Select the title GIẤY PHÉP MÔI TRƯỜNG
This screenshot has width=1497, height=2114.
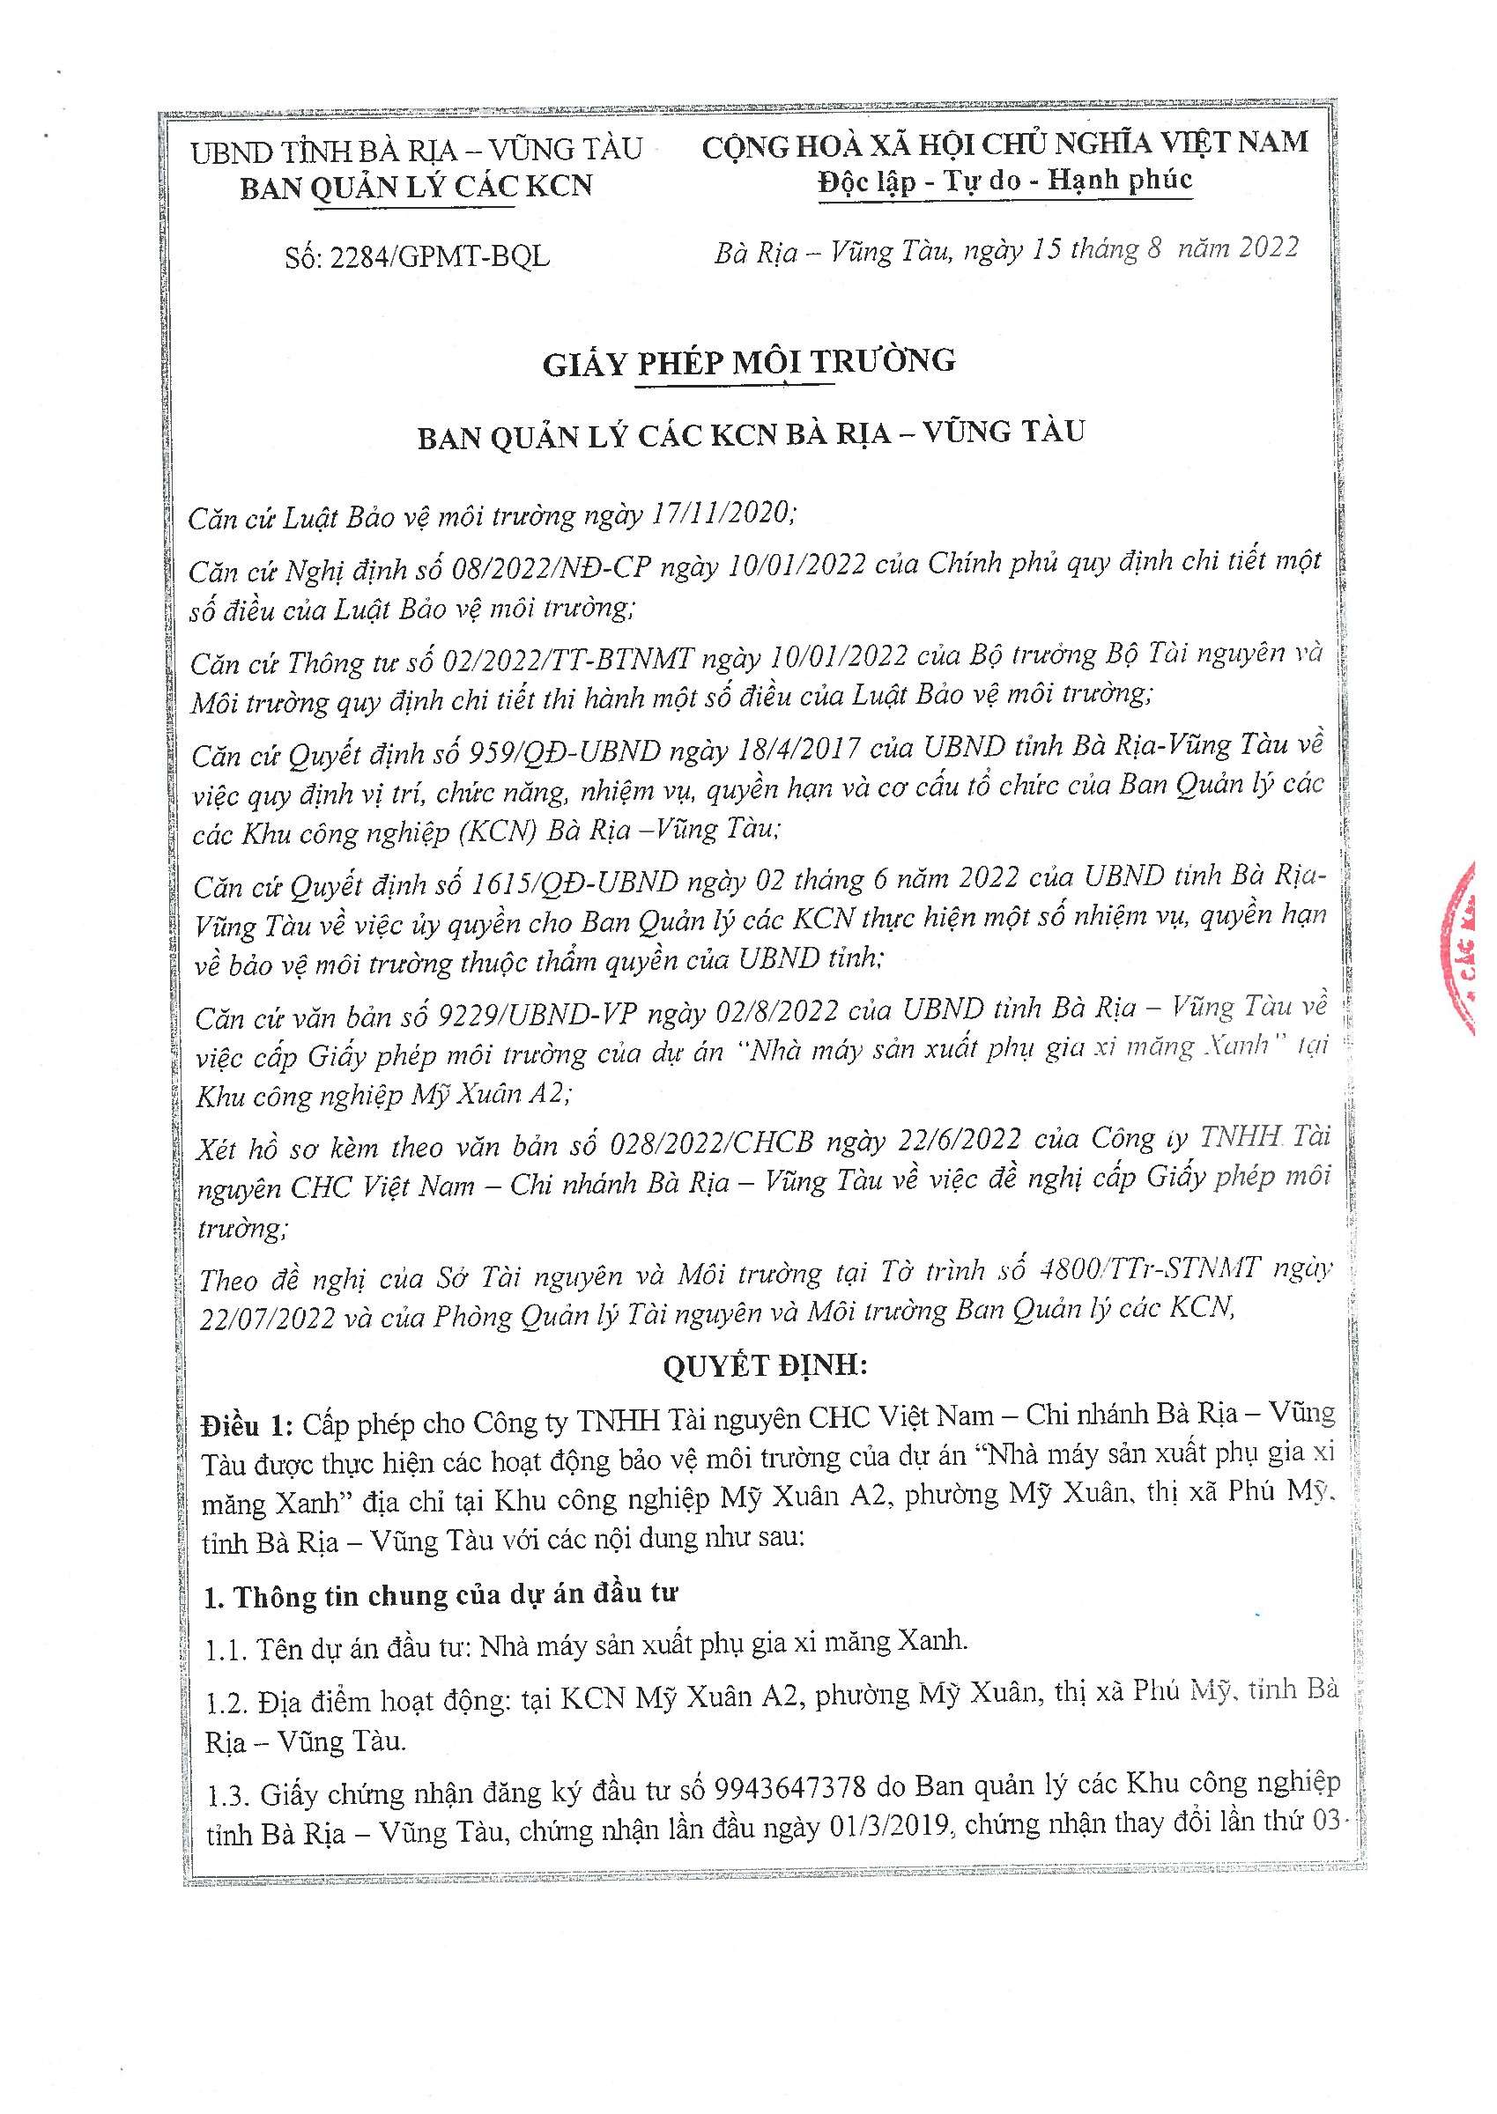click(749, 362)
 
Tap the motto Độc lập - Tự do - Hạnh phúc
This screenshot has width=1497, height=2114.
click(1004, 181)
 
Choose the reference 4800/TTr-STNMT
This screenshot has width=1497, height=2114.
click(1147, 1270)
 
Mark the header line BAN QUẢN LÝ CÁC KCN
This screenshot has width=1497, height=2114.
click(416, 187)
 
